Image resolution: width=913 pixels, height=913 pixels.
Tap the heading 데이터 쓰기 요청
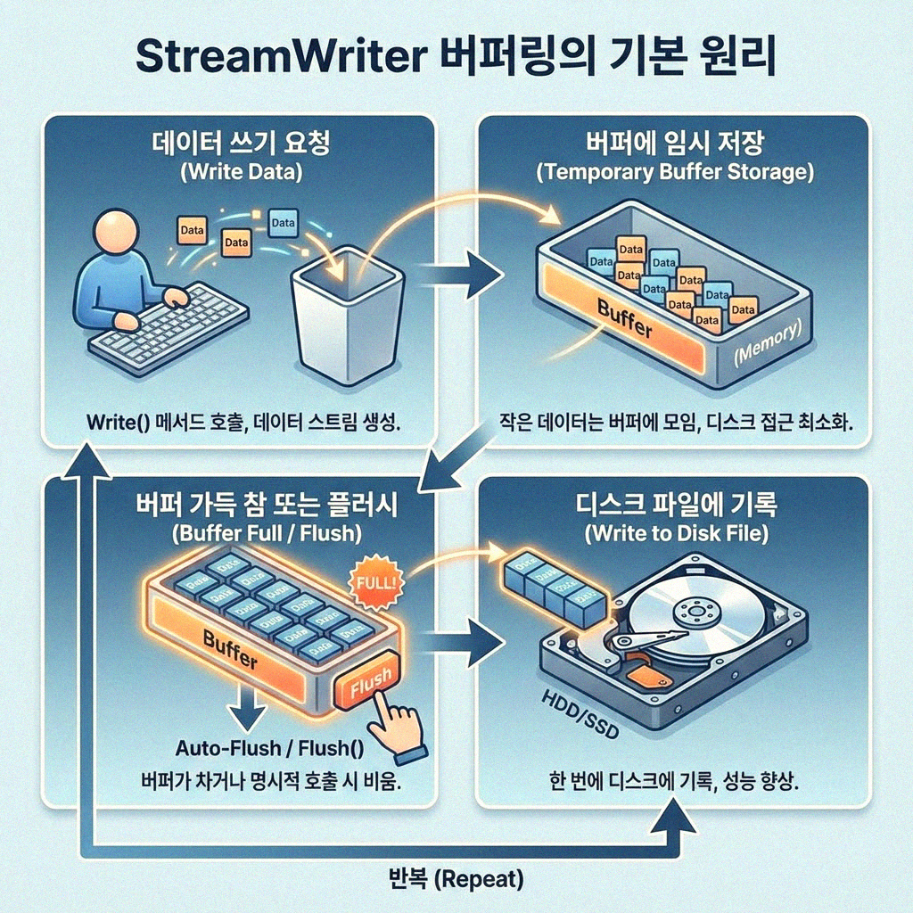[239, 143]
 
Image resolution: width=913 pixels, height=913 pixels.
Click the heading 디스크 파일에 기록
[674, 506]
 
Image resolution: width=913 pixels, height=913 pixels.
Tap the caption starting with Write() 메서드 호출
[243, 421]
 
